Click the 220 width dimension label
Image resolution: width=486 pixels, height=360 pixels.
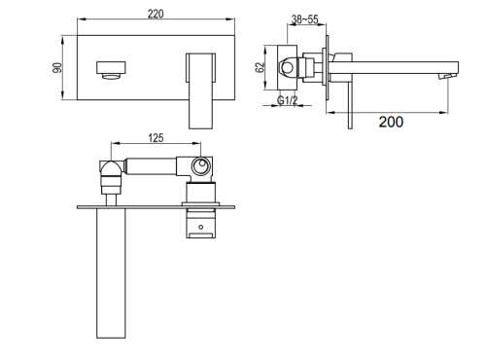pos(156,14)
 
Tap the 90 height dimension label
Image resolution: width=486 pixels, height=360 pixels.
pos(57,67)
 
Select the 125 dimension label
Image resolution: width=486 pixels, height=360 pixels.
pos(156,138)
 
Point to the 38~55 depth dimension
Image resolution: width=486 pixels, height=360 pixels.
pos(304,19)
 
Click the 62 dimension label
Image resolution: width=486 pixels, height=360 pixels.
pos(260,67)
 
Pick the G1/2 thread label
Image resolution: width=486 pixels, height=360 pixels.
pos(288,100)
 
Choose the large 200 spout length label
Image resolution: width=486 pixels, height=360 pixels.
pos(391,122)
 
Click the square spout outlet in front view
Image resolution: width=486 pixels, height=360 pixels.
pos(111,70)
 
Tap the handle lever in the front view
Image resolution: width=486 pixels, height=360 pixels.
pos(200,90)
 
